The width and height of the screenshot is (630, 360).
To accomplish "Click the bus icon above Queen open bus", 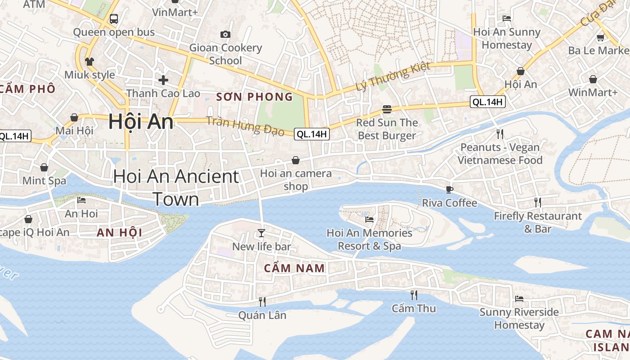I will [114, 19].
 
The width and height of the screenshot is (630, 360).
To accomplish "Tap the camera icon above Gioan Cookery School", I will [225, 34].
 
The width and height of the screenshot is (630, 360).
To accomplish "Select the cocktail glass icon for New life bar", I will [261, 233].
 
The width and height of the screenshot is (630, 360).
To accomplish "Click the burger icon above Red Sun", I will [387, 109].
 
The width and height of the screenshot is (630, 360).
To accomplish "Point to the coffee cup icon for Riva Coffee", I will [449, 189].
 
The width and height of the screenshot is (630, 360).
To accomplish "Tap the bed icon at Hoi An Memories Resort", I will [369, 220].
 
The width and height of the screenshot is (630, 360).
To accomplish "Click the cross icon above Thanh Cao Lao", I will [163, 80].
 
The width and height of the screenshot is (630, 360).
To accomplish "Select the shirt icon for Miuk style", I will [89, 61].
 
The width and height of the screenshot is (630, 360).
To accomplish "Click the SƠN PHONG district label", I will [255, 97].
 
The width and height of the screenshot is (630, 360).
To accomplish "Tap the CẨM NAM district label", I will [294, 269].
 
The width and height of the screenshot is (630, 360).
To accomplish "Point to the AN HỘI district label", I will [119, 233].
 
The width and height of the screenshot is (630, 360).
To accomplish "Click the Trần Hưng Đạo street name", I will [245, 126].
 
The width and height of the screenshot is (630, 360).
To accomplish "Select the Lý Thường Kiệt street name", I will [393, 76].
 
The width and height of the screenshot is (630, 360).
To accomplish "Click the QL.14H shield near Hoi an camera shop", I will [311, 134].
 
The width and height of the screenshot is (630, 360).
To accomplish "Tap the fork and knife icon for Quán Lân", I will [262, 301].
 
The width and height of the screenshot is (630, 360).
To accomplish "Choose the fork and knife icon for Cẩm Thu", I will [414, 295].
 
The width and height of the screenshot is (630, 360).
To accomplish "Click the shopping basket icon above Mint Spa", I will [44, 167].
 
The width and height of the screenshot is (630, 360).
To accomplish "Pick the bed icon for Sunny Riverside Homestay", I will [519, 298].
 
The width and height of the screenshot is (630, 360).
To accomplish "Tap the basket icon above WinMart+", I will [593, 79].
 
